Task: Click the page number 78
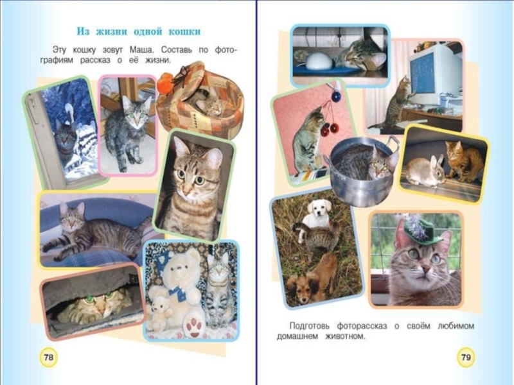[x=48, y=357]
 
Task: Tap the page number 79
[x=466, y=357]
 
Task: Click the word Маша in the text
[x=141, y=50]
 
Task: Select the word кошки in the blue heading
[x=184, y=31]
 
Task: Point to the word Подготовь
[x=310, y=326]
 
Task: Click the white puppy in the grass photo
[x=316, y=214]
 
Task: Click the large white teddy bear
[x=182, y=288]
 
